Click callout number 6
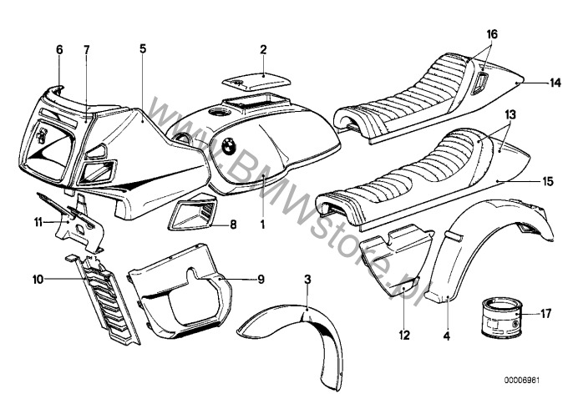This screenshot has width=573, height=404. point(59,49)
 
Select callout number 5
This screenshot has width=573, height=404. point(143,49)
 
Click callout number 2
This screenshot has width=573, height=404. point(263,49)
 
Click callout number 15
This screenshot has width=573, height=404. point(546,180)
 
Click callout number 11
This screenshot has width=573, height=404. point(37,222)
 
